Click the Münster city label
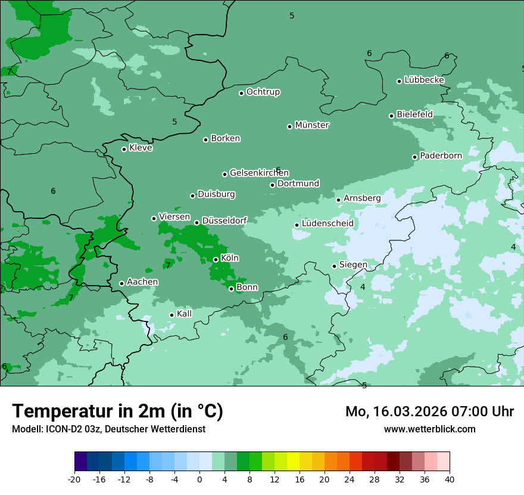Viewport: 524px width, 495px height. tap(312, 125)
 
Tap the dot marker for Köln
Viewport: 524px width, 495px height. tap(216, 259)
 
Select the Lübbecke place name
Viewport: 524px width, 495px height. tap(424, 80)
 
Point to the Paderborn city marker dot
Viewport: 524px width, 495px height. tap(415, 157)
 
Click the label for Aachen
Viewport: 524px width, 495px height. tap(142, 282)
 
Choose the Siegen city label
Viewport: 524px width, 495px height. tap(353, 265)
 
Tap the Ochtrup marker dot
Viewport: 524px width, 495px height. tap(242, 93)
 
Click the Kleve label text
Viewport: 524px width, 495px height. tap(141, 148)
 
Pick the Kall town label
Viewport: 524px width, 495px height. tap(185, 314)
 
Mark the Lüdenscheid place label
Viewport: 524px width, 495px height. tap(327, 224)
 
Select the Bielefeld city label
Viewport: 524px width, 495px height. tap(414, 115)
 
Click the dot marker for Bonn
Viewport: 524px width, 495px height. tap(232, 289)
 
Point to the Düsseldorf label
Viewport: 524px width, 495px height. tap(224, 221)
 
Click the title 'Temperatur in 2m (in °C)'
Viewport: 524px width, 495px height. tap(118, 412)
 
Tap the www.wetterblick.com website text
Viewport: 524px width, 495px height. tap(429, 429)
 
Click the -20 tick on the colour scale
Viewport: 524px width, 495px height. tap(74, 479)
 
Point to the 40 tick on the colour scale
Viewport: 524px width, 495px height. tap(450, 479)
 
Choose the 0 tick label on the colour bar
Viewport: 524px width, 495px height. tap(199, 479)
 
